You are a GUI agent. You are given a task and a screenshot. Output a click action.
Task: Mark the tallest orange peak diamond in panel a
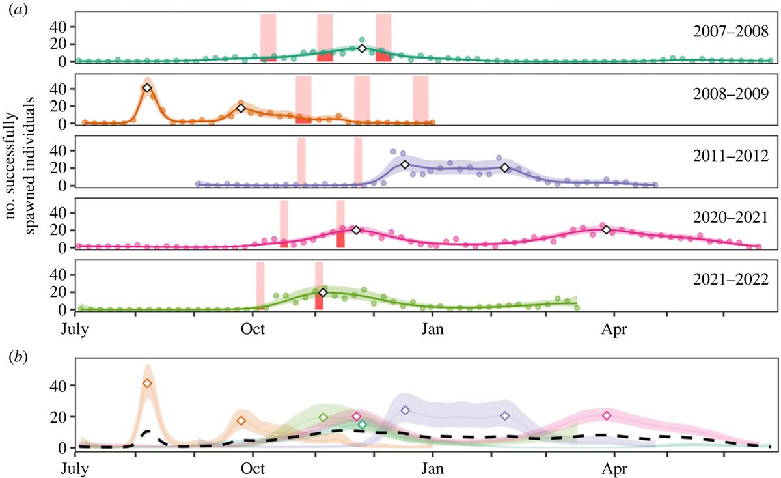147,88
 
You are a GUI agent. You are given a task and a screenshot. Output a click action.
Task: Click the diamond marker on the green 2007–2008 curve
363,48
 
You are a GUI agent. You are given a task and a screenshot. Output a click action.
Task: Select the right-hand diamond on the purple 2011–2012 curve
504,168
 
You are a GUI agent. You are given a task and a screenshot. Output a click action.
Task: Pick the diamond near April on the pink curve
607,229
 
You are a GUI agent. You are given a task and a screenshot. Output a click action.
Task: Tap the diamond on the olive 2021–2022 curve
323,292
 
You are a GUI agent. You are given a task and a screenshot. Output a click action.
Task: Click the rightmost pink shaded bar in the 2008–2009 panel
420,99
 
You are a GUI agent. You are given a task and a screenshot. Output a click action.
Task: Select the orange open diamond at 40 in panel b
147,384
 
